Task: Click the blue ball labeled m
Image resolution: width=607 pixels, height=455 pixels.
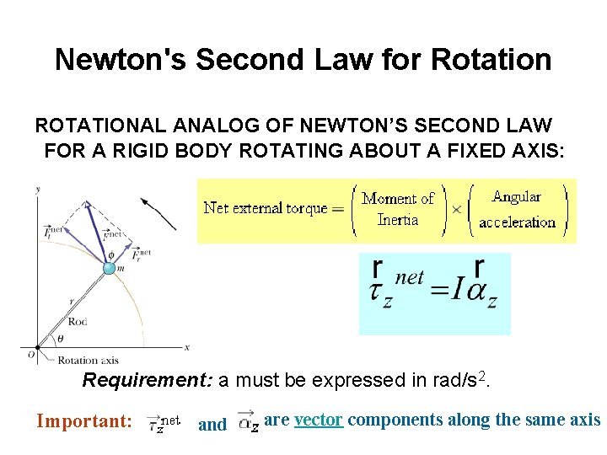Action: point(109,268)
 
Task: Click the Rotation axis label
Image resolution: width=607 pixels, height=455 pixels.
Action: point(89,361)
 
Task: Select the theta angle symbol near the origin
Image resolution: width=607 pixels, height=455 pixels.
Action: point(58,340)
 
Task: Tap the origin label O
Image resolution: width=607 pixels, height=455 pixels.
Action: point(31,354)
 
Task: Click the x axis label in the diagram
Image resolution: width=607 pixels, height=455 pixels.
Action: point(186,347)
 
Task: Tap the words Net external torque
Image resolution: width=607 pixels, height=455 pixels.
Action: point(265,207)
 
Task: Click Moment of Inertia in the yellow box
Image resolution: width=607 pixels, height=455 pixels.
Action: point(397,209)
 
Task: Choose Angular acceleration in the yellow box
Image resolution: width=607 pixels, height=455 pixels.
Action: point(517,209)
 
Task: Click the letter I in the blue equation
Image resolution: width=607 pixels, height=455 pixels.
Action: point(454,293)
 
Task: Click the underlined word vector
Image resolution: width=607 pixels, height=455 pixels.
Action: point(319,420)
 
